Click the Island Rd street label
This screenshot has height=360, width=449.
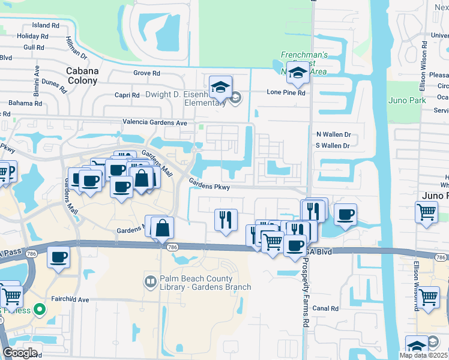[x=46, y=26]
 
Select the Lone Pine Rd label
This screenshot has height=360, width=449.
[x=286, y=93]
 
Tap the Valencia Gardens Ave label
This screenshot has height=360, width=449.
[x=155, y=122]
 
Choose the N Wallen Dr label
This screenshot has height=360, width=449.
[x=333, y=135]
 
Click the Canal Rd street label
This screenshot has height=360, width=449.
[x=326, y=308]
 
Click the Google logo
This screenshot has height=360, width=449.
[x=20, y=353]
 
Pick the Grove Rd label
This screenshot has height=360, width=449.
[x=146, y=73]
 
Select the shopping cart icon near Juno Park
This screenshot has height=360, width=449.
[x=426, y=211]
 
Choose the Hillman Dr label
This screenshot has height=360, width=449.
[x=75, y=48]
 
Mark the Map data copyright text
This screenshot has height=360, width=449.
[x=424, y=355]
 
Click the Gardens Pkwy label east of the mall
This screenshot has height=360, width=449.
[x=209, y=187]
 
